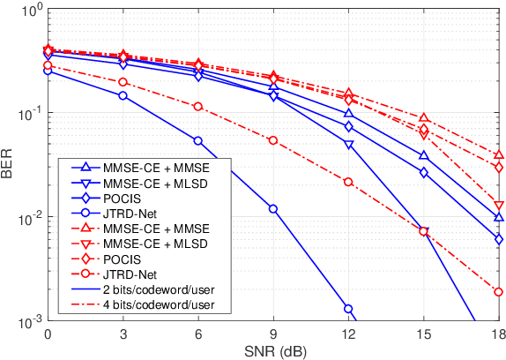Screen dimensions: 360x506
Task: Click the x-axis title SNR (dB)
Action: pyautogui.click(x=273, y=350)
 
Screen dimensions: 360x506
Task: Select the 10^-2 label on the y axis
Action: pyautogui.click(x=25, y=218)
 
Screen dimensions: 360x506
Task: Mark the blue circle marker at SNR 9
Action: pyautogui.click(x=273, y=209)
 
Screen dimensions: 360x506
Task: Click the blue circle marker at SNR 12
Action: pyautogui.click(x=348, y=309)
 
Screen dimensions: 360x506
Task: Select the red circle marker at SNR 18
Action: pyautogui.click(x=499, y=292)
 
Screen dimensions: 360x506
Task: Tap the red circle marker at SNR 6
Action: pyautogui.click(x=198, y=106)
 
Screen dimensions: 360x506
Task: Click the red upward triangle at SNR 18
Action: pyautogui.click(x=499, y=154)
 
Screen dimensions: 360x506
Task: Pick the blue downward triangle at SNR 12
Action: pyautogui.click(x=348, y=143)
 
